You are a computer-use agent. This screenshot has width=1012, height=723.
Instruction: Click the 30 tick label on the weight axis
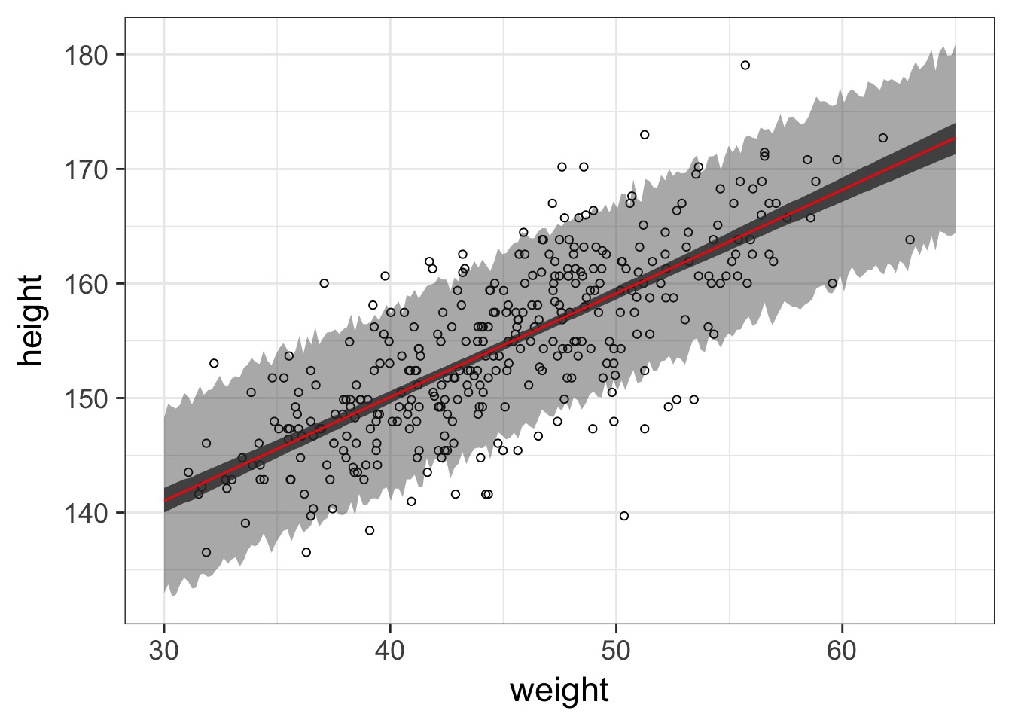pyautogui.click(x=164, y=651)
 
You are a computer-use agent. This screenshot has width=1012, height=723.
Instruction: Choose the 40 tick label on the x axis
pyautogui.click(x=390, y=651)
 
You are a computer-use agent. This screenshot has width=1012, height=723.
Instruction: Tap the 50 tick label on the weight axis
pyautogui.click(x=616, y=651)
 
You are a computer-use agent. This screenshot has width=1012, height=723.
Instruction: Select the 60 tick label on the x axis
pyautogui.click(x=842, y=651)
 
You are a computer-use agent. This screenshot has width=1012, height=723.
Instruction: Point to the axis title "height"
pyautogui.click(x=30, y=320)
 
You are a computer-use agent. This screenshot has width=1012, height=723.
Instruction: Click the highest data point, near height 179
pyautogui.click(x=745, y=65)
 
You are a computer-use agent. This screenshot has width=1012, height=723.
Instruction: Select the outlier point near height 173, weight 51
pyautogui.click(x=645, y=135)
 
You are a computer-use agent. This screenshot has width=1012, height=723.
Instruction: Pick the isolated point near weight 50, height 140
pyautogui.click(x=624, y=516)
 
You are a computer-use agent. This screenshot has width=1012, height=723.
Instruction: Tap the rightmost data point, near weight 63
pyautogui.click(x=910, y=239)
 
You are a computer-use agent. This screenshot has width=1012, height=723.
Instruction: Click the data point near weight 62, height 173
pyautogui.click(x=883, y=138)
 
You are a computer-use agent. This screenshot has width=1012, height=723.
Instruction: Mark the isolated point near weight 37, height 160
pyautogui.click(x=324, y=283)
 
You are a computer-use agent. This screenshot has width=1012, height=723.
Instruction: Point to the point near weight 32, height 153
pyautogui.click(x=214, y=363)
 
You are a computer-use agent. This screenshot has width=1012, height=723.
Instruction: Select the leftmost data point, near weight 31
pyautogui.click(x=188, y=472)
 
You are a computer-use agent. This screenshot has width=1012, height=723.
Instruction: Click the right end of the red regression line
pyautogui.click(x=955, y=139)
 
